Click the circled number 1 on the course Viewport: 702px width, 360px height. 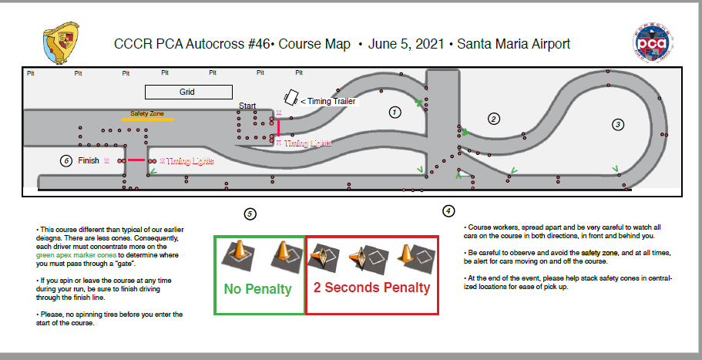(x=395, y=112)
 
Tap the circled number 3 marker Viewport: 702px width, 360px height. (x=618, y=124)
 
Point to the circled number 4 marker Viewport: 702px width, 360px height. (x=448, y=210)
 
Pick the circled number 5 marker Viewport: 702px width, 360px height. (x=249, y=214)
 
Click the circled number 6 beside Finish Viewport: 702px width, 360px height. (x=66, y=160)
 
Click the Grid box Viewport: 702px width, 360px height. (x=187, y=92)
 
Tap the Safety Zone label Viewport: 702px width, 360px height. (x=146, y=113)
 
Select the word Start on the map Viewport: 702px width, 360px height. (x=247, y=105)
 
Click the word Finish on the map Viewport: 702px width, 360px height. (x=89, y=160)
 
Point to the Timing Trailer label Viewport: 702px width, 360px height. (x=333, y=101)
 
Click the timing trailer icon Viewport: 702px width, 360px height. (x=292, y=98)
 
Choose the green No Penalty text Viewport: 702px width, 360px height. (x=257, y=289)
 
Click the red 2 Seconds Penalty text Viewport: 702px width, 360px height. (x=371, y=288)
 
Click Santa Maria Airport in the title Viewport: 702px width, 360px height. (x=513, y=44)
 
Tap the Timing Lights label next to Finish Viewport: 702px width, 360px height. (x=190, y=161)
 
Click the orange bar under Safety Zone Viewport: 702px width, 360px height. (x=147, y=119)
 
